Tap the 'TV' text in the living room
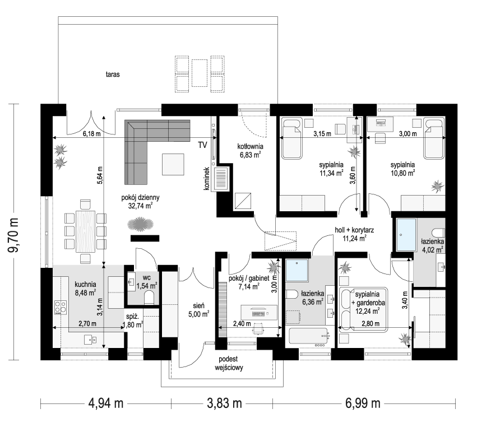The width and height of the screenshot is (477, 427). click(x=202, y=145)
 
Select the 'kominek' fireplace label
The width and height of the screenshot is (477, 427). click(x=207, y=179)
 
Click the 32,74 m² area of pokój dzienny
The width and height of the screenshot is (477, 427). click(x=141, y=206)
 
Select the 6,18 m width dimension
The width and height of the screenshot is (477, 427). click(x=89, y=134)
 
